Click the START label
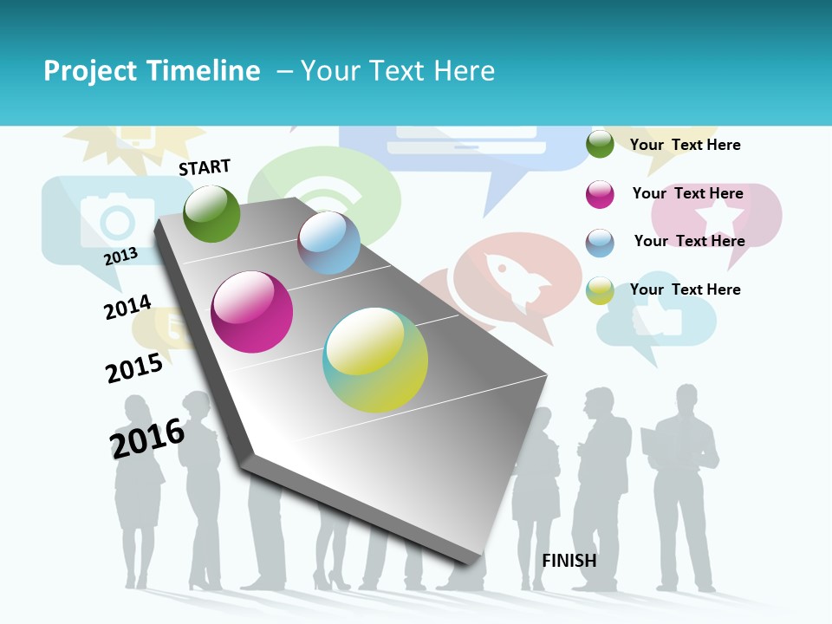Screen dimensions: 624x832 click(x=205, y=167)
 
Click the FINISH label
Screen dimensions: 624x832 click(x=569, y=561)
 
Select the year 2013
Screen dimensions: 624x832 click(x=120, y=257)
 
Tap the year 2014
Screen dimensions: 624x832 click(x=127, y=307)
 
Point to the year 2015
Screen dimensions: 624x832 click(x=134, y=367)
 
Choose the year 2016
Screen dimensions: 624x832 click(x=147, y=438)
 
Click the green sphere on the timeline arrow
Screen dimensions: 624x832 click(x=211, y=214)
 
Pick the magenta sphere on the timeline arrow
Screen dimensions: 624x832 click(x=252, y=312)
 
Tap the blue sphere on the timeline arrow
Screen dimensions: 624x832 click(x=328, y=243)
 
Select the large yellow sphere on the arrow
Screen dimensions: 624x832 click(x=375, y=360)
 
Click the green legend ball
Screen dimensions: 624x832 click(x=600, y=144)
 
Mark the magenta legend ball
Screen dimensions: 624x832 click(x=600, y=194)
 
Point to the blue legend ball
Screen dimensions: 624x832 click(x=600, y=243)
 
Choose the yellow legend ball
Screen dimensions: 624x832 click(x=600, y=290)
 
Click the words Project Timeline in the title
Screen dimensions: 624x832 click(x=152, y=71)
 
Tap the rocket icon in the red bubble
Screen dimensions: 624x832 click(x=517, y=277)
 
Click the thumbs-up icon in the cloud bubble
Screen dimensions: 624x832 click(x=656, y=320)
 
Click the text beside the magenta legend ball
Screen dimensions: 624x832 click(x=687, y=193)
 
